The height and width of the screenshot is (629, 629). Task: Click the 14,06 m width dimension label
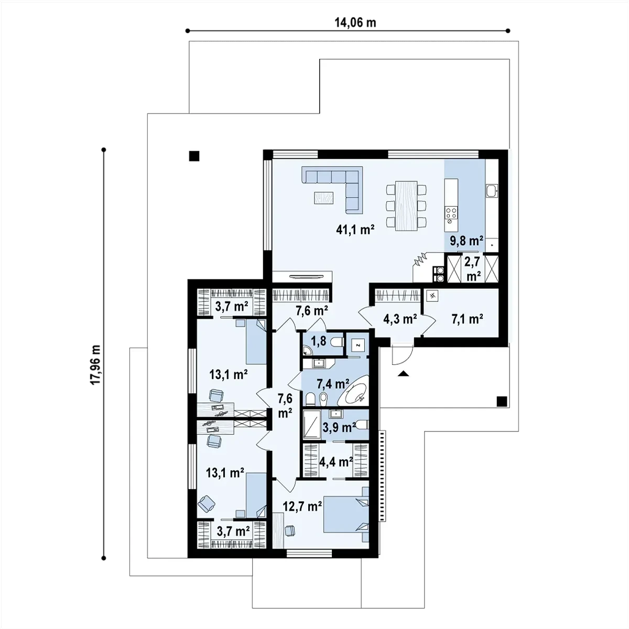[355, 23]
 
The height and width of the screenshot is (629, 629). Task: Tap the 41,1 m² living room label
[355, 230]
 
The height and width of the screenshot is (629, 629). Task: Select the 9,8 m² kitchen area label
[467, 241]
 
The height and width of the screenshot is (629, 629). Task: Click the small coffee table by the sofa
[324, 198]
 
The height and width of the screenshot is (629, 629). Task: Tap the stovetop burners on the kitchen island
[451, 213]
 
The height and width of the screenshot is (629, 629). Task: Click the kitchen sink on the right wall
[491, 191]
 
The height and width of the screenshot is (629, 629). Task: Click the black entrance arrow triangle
[404, 374]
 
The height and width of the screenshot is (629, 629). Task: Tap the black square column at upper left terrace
[194, 156]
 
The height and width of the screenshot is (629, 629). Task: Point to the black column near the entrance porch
[502, 401]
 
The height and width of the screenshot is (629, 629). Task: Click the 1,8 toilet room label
[319, 341]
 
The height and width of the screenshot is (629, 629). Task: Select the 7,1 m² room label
[468, 319]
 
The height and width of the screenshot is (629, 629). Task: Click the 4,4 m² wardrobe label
[336, 462]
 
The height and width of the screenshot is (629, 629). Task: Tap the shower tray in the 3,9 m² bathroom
[312, 425]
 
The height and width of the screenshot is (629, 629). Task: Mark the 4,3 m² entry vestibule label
[400, 319]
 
